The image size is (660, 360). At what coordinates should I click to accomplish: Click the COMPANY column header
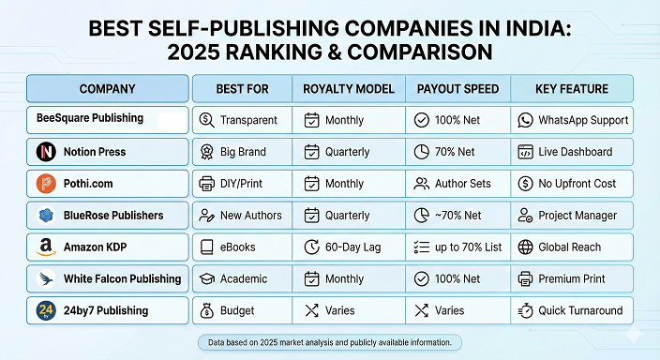(x=107, y=89)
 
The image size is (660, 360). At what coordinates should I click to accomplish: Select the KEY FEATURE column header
(x=571, y=89)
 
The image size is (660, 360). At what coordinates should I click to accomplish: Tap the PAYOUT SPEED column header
(x=457, y=89)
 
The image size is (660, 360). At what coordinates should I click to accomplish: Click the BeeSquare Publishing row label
(x=90, y=119)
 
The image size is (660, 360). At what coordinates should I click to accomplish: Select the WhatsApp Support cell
(x=572, y=120)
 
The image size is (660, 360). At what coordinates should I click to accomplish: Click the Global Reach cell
(x=572, y=247)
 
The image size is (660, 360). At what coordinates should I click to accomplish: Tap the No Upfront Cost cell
(x=572, y=184)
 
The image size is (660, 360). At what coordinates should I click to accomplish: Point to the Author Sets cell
(x=457, y=184)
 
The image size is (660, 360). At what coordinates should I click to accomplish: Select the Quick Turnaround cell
(x=572, y=311)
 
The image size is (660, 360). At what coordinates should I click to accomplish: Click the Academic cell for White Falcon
(x=242, y=279)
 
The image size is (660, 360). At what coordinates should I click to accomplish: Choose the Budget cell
(x=242, y=311)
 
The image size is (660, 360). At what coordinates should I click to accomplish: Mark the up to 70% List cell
(x=457, y=247)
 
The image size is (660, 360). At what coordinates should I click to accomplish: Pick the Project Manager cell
(x=572, y=216)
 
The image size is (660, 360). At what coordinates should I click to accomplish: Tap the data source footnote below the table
(x=329, y=342)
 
